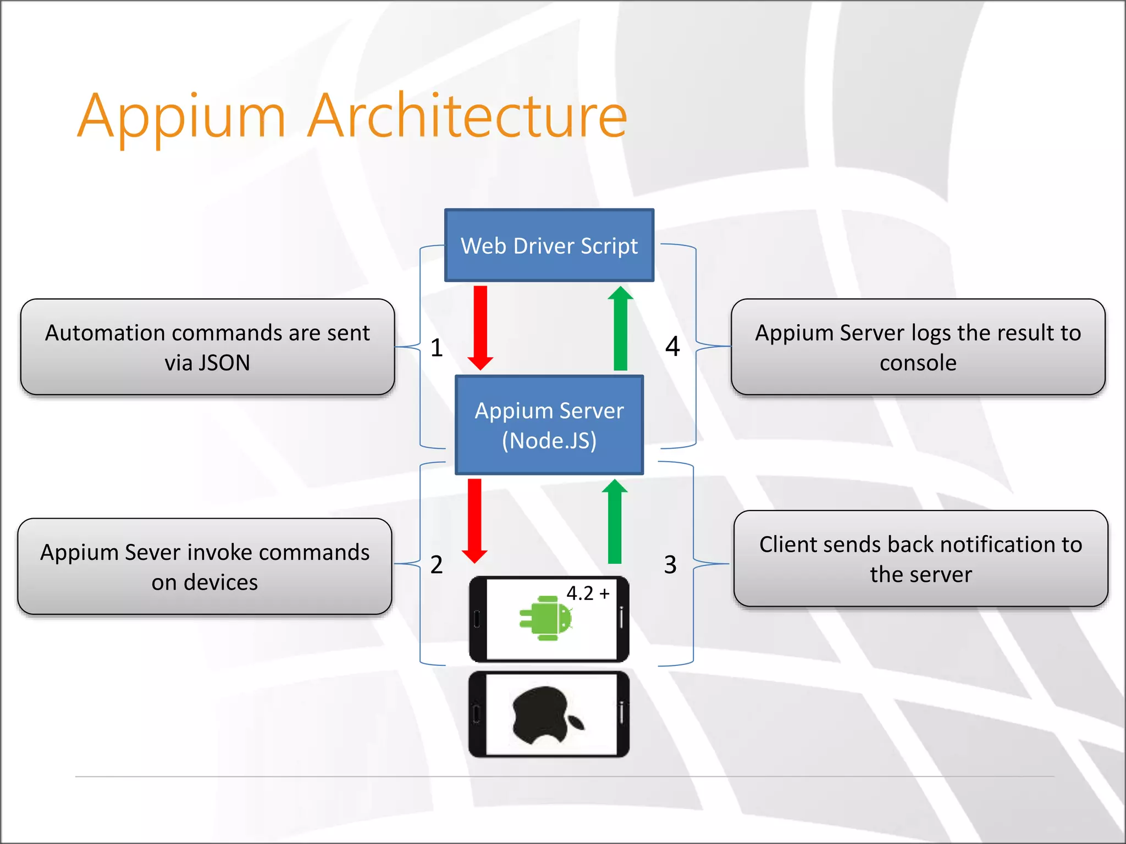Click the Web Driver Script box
click(549, 246)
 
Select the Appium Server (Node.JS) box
click(549, 425)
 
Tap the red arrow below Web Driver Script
click(480, 327)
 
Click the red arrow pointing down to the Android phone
click(474, 520)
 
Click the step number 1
click(437, 348)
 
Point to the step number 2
click(437, 565)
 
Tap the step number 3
click(670, 565)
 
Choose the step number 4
click(672, 347)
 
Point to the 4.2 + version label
click(588, 593)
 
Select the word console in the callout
click(918, 363)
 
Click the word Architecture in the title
click(467, 116)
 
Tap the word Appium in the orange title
click(181, 116)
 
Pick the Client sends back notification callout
click(920, 559)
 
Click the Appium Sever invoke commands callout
click(205, 567)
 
